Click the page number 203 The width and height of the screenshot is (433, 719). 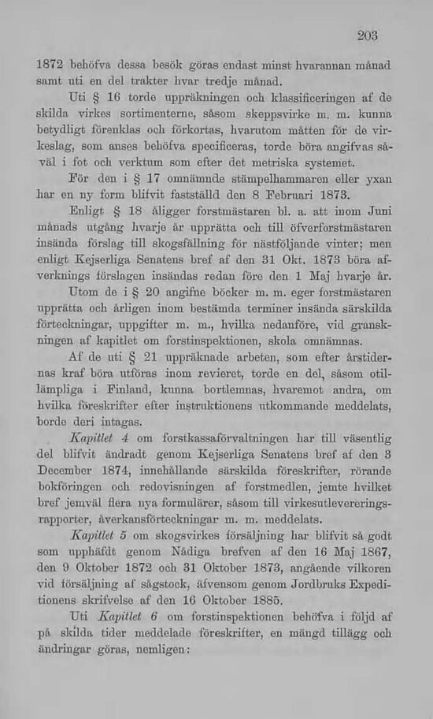pos(367,35)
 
